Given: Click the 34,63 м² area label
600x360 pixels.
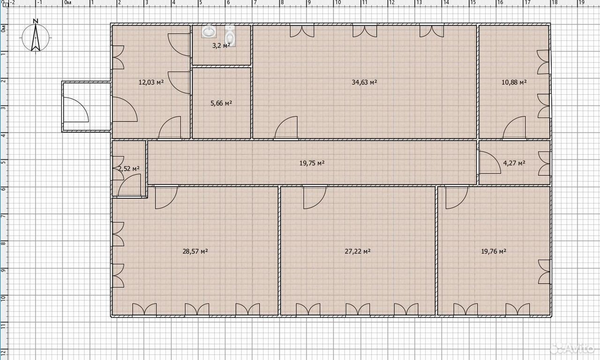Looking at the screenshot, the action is point(364,82).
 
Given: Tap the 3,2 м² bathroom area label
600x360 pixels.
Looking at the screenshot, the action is point(221,45).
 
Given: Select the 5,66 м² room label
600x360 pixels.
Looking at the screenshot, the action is point(221,103).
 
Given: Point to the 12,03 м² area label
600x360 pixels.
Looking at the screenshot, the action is point(151,82).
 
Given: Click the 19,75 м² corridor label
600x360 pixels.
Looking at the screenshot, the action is point(312,163).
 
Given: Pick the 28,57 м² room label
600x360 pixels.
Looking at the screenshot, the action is point(195,251).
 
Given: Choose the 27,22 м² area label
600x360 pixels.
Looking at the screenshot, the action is point(358,251).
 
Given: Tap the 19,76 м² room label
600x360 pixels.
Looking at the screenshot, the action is point(494,251).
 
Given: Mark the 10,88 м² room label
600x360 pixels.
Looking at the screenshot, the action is point(514,82).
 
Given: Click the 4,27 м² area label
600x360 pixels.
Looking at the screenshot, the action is point(514,163).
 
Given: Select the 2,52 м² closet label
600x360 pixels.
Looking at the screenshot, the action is point(129,168).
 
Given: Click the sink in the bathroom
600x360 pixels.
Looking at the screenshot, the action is point(209,31).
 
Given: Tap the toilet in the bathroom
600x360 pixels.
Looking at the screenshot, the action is point(230,36).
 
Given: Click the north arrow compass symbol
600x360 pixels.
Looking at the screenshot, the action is point(35,37).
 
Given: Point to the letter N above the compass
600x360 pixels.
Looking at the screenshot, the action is point(36,21).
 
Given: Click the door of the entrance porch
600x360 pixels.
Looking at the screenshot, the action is point(76,110).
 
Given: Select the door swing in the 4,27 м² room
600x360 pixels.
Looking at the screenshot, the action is point(490,162).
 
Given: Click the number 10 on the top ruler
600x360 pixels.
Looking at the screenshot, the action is point(338,3).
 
